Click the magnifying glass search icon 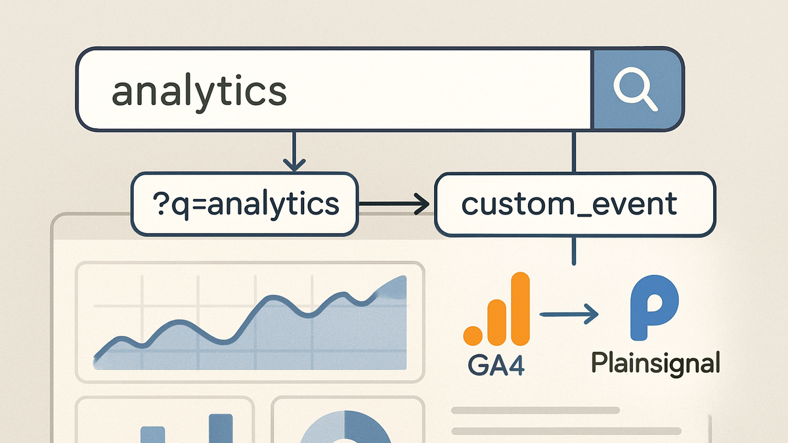tap(636, 91)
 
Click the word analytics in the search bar tap(199, 90)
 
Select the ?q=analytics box tap(244, 204)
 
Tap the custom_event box tap(575, 204)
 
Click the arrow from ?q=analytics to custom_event tap(393, 203)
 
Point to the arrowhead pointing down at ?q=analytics tap(294, 165)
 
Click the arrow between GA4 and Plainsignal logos tap(569, 314)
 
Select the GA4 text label tap(496, 366)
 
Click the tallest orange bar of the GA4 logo tap(520, 308)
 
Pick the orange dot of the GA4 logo tap(472, 336)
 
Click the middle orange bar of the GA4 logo tap(496, 322)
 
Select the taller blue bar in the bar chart tap(221, 428)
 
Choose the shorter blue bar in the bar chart tap(152, 434)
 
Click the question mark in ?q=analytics tap(160, 203)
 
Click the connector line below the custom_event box tap(574, 251)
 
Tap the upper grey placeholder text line tap(535, 410)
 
